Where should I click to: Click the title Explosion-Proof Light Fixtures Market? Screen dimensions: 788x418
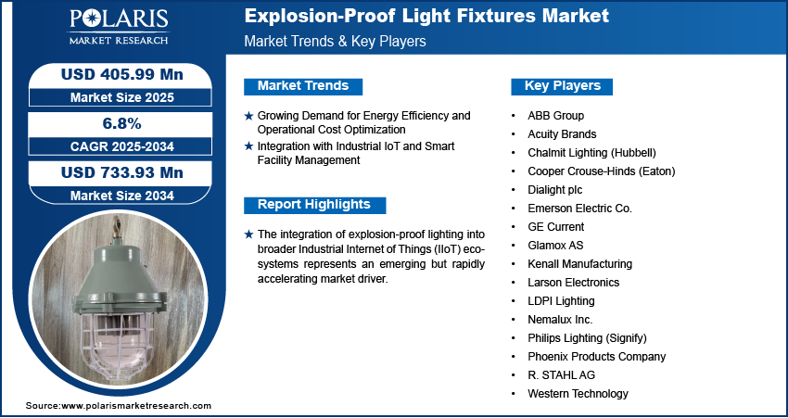426,16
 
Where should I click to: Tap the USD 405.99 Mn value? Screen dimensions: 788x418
121,74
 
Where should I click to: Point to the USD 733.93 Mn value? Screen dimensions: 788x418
121,172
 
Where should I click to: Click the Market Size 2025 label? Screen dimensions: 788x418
121,97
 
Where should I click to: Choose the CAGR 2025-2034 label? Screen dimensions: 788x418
121,146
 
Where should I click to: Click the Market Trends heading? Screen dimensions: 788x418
303,86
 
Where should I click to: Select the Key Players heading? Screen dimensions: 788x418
563,86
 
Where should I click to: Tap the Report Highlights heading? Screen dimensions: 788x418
314,205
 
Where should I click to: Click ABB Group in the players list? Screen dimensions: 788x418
555,116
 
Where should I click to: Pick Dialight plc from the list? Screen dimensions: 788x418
554,190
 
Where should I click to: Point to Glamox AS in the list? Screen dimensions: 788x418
555,246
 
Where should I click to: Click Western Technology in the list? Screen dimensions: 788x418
578,394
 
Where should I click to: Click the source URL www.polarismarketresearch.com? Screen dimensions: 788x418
136,406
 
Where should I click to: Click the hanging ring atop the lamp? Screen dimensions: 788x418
118,223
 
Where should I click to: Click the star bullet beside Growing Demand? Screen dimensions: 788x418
248,116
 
